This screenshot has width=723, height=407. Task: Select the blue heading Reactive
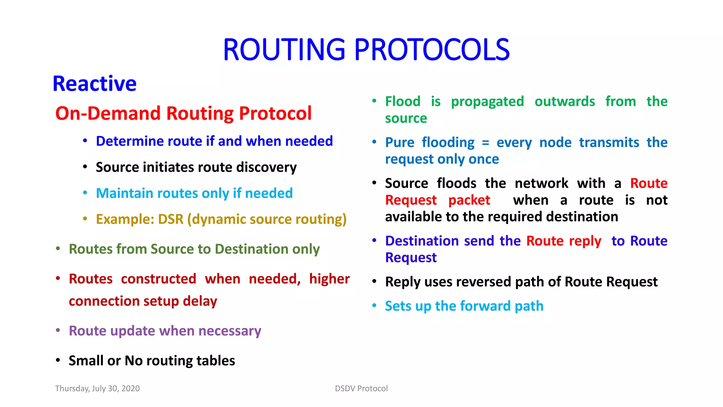point(95,84)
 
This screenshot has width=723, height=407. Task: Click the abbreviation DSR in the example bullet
point(171,219)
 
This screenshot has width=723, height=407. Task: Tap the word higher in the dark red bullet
point(329,279)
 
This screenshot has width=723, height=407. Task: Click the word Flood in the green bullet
point(403,102)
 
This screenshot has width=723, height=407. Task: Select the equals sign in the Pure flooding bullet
point(485,143)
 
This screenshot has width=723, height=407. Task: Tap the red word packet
point(469,200)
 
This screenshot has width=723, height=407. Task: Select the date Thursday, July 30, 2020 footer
point(97,389)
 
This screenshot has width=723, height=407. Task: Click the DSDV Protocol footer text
point(361,389)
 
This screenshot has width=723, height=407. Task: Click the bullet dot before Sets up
point(375,306)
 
